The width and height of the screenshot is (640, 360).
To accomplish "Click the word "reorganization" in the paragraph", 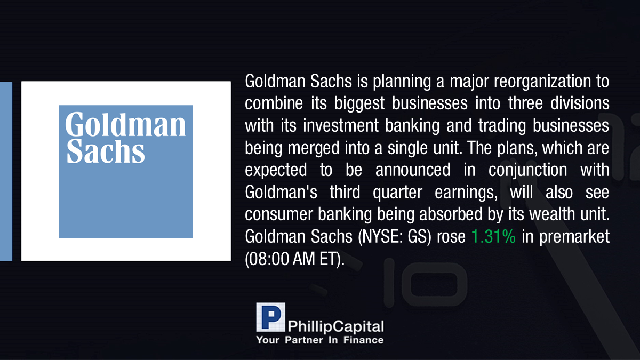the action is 542,82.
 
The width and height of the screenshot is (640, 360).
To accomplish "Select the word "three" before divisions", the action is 525,103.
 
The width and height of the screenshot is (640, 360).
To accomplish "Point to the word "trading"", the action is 502,126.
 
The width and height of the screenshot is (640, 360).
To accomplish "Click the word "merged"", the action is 314,149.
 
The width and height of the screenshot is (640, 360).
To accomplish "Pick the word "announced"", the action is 413,170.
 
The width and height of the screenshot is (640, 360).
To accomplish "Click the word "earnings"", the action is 466,193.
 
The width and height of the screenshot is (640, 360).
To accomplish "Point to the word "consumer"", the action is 279,215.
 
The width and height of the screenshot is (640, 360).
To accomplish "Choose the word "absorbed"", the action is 451,214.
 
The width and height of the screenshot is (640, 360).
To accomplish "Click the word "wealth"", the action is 553,214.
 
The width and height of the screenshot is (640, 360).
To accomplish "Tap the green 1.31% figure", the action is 493,237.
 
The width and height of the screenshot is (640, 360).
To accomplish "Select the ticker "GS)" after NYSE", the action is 419,237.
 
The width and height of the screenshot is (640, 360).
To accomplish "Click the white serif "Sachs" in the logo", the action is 106,151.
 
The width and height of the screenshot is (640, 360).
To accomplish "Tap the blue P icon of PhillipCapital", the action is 270,317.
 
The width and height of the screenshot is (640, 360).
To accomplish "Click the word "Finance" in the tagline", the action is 363,340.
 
